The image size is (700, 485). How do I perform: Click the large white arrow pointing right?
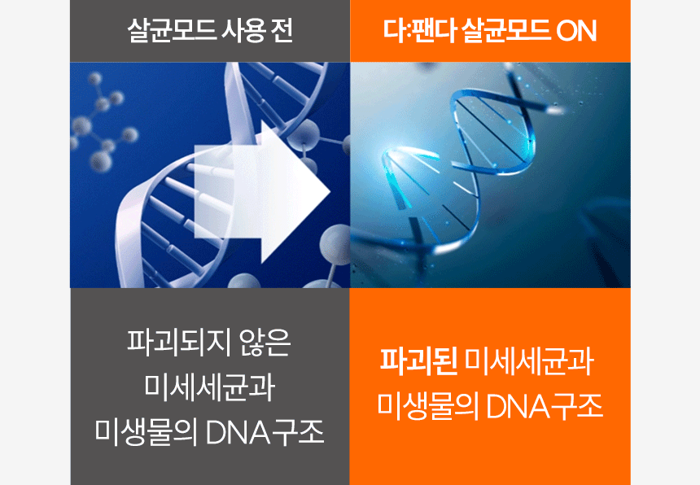tap(262, 192)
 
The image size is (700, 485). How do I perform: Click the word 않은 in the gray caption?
tap(265, 343)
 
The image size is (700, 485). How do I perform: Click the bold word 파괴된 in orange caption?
tap(418, 361)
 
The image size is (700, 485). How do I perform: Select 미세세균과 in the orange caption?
tap(529, 361)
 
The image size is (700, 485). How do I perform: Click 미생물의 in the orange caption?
tap(428, 406)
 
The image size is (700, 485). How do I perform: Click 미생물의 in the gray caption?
tap(147, 432)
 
